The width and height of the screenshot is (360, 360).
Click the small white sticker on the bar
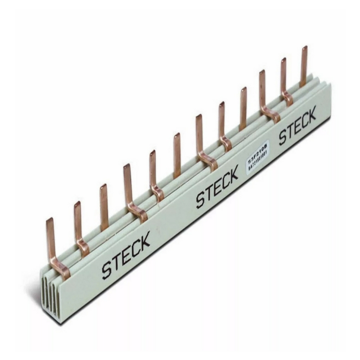[258, 155]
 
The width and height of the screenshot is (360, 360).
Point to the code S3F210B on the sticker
[258, 150]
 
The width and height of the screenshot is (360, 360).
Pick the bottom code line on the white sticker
[258, 161]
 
